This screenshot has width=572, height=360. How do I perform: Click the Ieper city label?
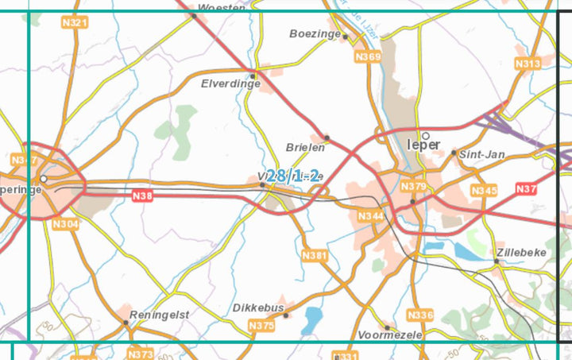point(423,145)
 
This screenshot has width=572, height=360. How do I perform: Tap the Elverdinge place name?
point(231,83)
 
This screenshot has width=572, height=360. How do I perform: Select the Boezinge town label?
point(315,34)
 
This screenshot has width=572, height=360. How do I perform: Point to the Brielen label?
point(305,147)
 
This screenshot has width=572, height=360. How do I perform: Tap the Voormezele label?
point(390,335)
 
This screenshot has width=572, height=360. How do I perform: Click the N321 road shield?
point(74,22)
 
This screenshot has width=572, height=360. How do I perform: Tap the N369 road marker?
point(369,56)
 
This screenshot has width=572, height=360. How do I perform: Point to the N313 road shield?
point(528,64)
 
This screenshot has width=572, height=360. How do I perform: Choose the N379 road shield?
point(414,186)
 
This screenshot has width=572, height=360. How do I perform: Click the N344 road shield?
point(370,216)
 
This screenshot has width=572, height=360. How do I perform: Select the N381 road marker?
point(315,255)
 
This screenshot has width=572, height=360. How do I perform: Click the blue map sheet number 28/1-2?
point(293,176)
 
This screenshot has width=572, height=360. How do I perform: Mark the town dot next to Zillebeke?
point(497,261)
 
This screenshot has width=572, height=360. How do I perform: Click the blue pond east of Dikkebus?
point(312,319)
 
